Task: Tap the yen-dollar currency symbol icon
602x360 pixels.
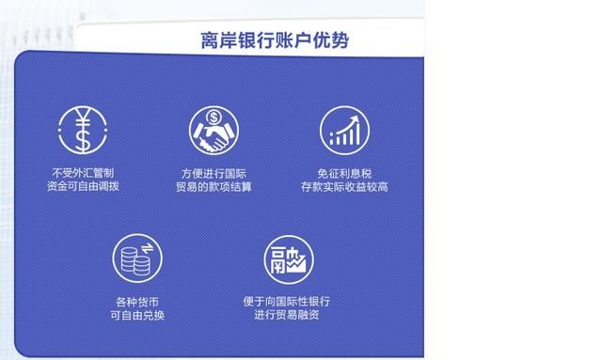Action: (x=83, y=132)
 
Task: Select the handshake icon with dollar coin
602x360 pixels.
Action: (x=213, y=132)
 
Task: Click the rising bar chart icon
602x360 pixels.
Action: (x=344, y=131)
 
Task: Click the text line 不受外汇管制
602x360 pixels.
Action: (x=83, y=173)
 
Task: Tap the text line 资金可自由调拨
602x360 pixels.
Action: (x=83, y=187)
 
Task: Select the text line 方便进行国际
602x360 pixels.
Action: (x=214, y=173)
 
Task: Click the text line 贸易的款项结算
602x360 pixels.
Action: (x=214, y=187)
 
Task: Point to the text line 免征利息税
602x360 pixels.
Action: (x=344, y=173)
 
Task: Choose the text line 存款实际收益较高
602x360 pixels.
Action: (x=344, y=187)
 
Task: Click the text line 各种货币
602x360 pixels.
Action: (x=137, y=302)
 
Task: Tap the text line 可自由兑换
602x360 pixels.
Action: (x=137, y=316)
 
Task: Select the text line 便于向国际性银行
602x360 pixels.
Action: (x=286, y=302)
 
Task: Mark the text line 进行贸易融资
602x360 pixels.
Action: (x=286, y=316)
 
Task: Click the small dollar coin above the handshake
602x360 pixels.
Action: (x=214, y=118)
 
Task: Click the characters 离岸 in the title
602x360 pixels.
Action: (x=216, y=40)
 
